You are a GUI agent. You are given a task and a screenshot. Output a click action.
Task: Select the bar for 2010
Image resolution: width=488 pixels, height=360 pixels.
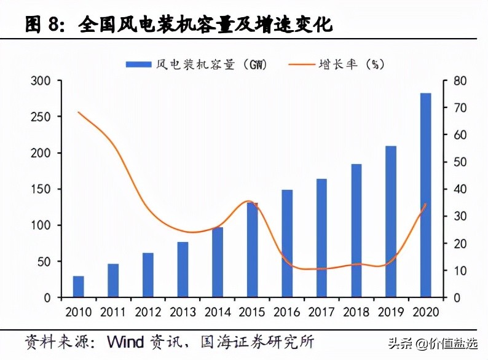pos(78,287)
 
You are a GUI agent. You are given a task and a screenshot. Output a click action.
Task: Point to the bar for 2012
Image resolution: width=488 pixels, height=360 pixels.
pos(148,275)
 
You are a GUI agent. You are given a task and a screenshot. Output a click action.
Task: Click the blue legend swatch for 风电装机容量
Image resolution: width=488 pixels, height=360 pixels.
pos(138,63)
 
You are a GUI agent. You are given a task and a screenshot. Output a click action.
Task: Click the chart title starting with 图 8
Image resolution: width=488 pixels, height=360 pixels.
pos(179,25)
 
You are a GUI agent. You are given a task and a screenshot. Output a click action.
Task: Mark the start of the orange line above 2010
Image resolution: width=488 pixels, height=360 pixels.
pos(78,112)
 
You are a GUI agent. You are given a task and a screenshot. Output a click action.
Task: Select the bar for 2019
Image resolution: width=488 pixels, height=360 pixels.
pos(392,222)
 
